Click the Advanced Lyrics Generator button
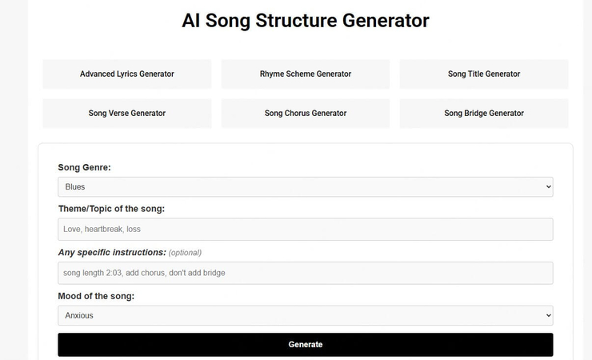click(x=126, y=74)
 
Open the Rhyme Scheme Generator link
click(x=305, y=74)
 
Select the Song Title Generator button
click(x=483, y=74)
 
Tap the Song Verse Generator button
click(x=126, y=113)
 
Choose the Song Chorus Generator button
click(x=305, y=113)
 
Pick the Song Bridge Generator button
click(x=483, y=113)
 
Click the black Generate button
click(x=305, y=344)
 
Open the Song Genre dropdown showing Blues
click(x=305, y=186)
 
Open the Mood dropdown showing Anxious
click(x=305, y=315)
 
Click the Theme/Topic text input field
click(x=305, y=230)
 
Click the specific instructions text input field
click(x=305, y=273)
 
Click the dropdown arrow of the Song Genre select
click(x=548, y=186)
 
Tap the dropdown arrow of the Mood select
click(x=548, y=315)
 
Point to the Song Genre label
click(x=84, y=167)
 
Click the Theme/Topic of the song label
click(x=111, y=209)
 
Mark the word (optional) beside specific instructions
click(x=185, y=253)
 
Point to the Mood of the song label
click(x=96, y=296)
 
